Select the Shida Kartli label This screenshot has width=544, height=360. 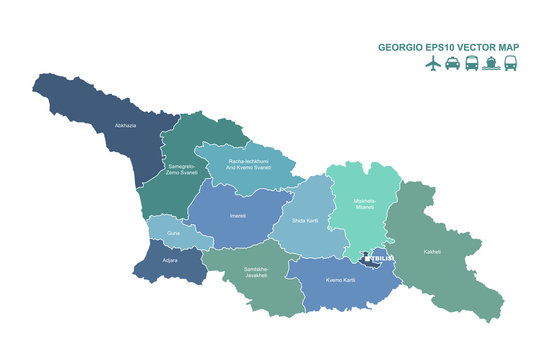(x=306, y=220)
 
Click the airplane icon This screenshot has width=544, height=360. (x=433, y=63)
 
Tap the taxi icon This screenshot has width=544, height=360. (x=452, y=63)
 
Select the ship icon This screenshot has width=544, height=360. (x=491, y=63)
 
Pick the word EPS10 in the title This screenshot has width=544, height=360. (x=441, y=45)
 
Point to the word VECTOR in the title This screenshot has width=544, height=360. (x=481, y=45)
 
